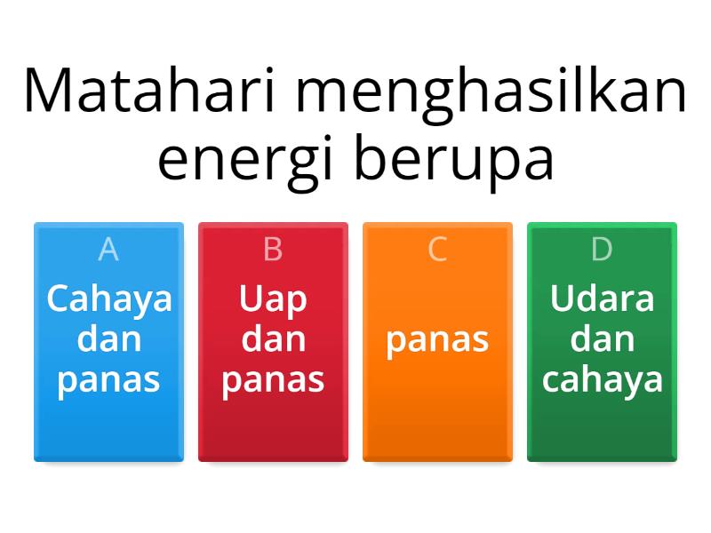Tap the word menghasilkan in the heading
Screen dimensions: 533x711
pos(499,91)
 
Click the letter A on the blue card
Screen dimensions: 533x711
pos(108,251)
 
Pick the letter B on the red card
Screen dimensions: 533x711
pos(273,251)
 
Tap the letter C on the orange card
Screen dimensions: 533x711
pos(437,251)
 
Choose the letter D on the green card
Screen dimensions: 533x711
pos(602,251)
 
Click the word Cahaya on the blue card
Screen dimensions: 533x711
pos(108,298)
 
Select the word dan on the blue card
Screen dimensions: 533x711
pos(108,338)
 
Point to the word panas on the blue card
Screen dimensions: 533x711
pos(108,379)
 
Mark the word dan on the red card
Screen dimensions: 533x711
pos(273,338)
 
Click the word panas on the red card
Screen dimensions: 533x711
pos(273,379)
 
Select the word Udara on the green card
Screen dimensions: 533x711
pos(602,298)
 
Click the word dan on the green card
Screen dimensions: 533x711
pos(602,338)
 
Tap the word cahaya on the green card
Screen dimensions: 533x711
pos(602,379)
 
